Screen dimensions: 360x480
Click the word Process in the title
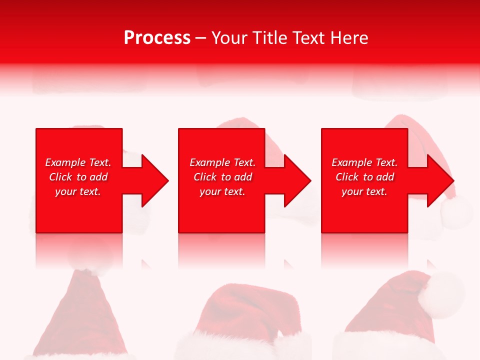[x=157, y=38]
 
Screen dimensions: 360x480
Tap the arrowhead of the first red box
[x=155, y=180]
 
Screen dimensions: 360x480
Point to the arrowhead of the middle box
[x=297, y=180]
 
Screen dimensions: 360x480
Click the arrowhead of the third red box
[x=440, y=180]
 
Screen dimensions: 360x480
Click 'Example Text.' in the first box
[x=78, y=162]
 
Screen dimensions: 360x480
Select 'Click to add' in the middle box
[x=222, y=177]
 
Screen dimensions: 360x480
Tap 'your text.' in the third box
[x=364, y=191]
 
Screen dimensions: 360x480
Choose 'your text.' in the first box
[x=78, y=191]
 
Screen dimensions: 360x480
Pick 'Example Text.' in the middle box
[x=222, y=162]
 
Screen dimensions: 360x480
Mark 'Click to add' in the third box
[x=364, y=177]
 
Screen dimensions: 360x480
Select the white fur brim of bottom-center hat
[x=240, y=347]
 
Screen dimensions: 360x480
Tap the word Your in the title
[x=230, y=38]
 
